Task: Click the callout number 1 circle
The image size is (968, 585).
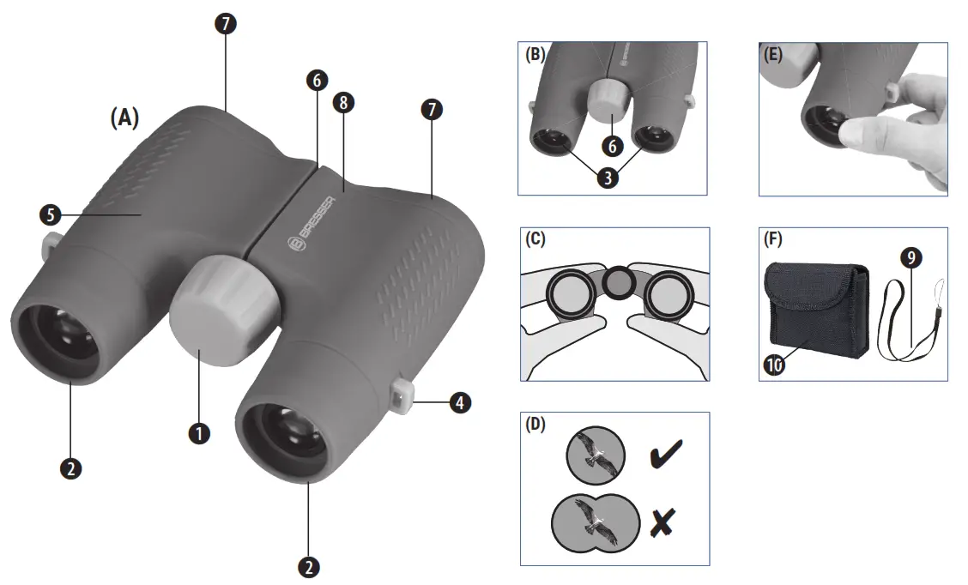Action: coord(199,433)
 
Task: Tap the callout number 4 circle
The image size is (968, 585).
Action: coord(460,402)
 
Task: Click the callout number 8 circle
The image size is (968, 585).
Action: coord(344,103)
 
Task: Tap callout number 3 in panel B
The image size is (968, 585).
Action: coord(609,180)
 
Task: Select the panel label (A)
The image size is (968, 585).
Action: coord(124,118)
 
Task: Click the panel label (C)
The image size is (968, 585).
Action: coord(535,241)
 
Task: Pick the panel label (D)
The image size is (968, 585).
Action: coord(536,425)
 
